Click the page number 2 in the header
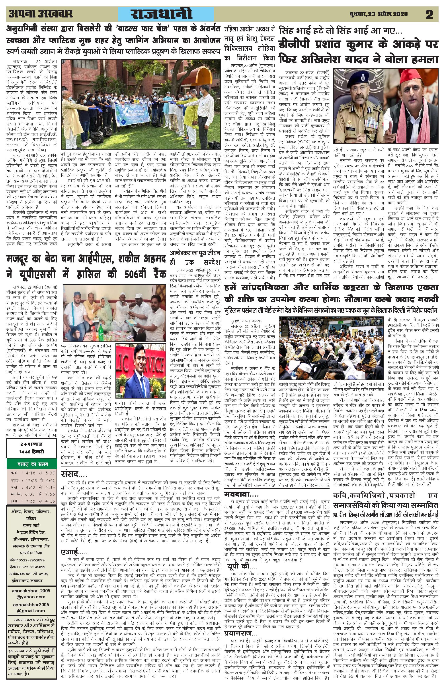429,14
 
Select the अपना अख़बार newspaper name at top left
40,13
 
